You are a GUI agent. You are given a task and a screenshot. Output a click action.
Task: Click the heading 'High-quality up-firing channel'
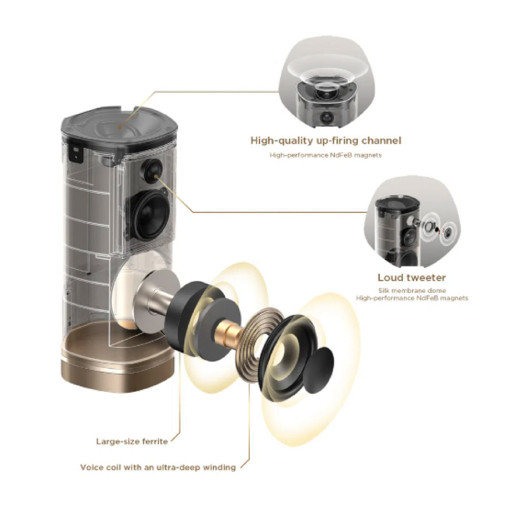coord(326,141)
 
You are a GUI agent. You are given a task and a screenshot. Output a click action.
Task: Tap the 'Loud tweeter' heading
coord(412,278)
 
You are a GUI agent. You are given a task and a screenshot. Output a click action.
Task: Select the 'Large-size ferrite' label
coord(132,442)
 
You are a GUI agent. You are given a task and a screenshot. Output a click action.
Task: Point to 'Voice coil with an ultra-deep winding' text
coord(158,467)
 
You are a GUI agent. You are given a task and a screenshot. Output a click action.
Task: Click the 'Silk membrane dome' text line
coord(412,290)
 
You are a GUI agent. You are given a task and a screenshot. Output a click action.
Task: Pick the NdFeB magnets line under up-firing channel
coord(326,155)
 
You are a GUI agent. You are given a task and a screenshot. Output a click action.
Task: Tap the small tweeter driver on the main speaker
coord(152,171)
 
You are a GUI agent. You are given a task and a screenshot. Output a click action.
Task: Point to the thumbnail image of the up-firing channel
coord(326,82)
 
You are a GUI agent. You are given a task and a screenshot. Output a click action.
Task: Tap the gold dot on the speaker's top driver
coord(120,127)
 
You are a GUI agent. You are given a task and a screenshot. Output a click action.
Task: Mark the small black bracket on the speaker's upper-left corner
coord(77,153)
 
